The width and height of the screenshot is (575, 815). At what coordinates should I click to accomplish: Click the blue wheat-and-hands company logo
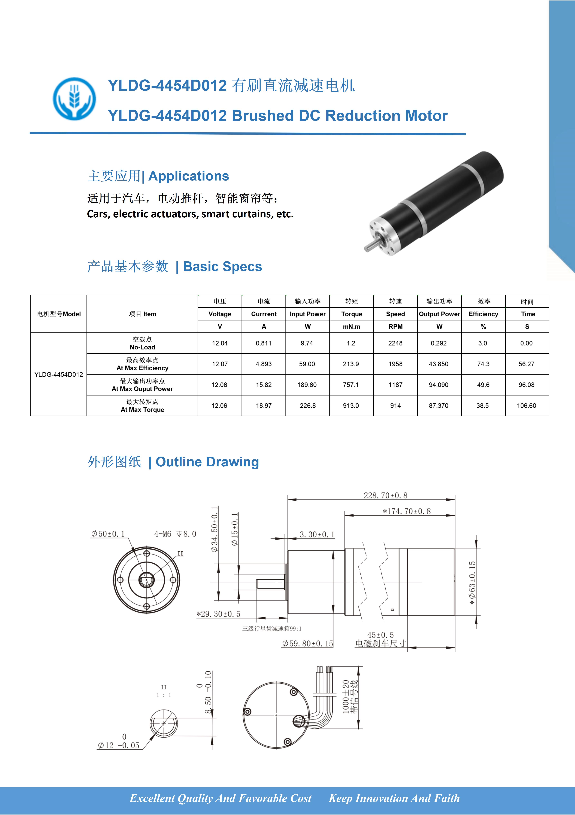tap(75, 99)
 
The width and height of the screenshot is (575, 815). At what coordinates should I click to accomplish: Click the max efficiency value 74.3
tap(483, 364)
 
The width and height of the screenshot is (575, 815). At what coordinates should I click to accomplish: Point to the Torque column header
tap(352, 314)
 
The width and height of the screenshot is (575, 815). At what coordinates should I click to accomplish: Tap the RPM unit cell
tap(395, 327)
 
